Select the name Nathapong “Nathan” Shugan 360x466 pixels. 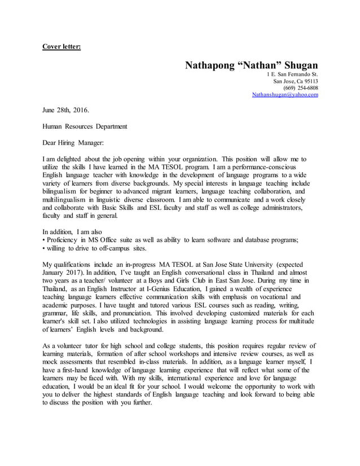coord(251,65)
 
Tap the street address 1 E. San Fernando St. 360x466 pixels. coord(292,74)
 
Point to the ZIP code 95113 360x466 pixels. coord(309,81)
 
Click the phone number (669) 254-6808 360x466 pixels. coord(300,88)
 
